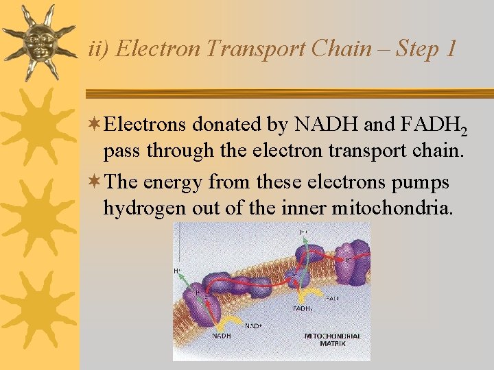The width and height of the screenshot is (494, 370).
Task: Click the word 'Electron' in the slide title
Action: (160, 49)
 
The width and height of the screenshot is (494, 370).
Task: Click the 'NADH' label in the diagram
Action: (221, 336)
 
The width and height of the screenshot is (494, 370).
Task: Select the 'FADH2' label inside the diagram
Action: (303, 309)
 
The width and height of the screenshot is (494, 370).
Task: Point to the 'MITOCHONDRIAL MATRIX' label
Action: (332, 339)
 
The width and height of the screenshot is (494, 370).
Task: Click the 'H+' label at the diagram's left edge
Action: (177, 271)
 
